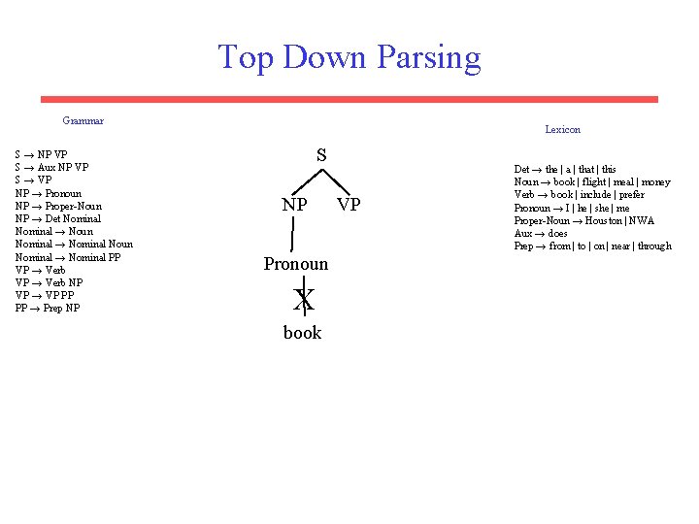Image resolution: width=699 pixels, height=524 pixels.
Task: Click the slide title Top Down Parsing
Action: [349, 57]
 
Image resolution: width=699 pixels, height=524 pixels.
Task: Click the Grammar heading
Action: [83, 121]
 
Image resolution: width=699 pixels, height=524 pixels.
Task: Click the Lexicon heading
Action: [562, 129]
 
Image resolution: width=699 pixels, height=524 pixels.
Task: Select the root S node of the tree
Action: [321, 155]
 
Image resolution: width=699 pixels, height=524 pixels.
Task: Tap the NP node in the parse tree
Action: [295, 206]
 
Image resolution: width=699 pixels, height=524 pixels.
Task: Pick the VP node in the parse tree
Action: [349, 206]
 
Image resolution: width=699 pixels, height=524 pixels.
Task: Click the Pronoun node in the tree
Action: [296, 264]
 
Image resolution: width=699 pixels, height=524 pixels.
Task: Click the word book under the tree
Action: [302, 333]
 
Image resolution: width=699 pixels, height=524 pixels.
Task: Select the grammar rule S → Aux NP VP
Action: [51, 168]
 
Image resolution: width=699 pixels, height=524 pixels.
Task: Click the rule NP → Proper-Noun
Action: [58, 206]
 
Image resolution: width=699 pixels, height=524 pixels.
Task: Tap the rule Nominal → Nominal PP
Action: [68, 257]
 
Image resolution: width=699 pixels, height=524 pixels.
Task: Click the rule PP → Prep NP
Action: [48, 309]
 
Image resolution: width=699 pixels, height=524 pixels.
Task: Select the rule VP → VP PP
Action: [45, 295]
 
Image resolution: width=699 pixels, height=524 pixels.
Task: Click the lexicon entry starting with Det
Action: [564, 169]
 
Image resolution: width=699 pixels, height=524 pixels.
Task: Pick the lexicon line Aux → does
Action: [541, 233]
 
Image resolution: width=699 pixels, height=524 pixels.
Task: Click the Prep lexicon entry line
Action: [592, 246]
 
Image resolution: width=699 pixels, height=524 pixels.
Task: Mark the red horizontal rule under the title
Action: [349, 99]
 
